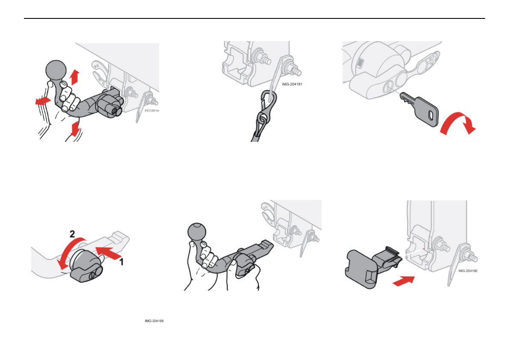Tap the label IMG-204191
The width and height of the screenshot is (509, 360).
coord(292,84)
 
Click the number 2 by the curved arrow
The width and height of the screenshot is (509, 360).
coord(73,234)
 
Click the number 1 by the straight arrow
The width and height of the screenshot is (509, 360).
coord(121,261)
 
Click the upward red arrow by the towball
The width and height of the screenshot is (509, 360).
coord(75,78)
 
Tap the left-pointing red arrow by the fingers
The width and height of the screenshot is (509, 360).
coord(42,102)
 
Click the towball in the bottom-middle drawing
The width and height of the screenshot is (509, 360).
coord(198,233)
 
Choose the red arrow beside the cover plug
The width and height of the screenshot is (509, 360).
coord(403,282)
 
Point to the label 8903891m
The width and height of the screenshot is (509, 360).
coord(151,111)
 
